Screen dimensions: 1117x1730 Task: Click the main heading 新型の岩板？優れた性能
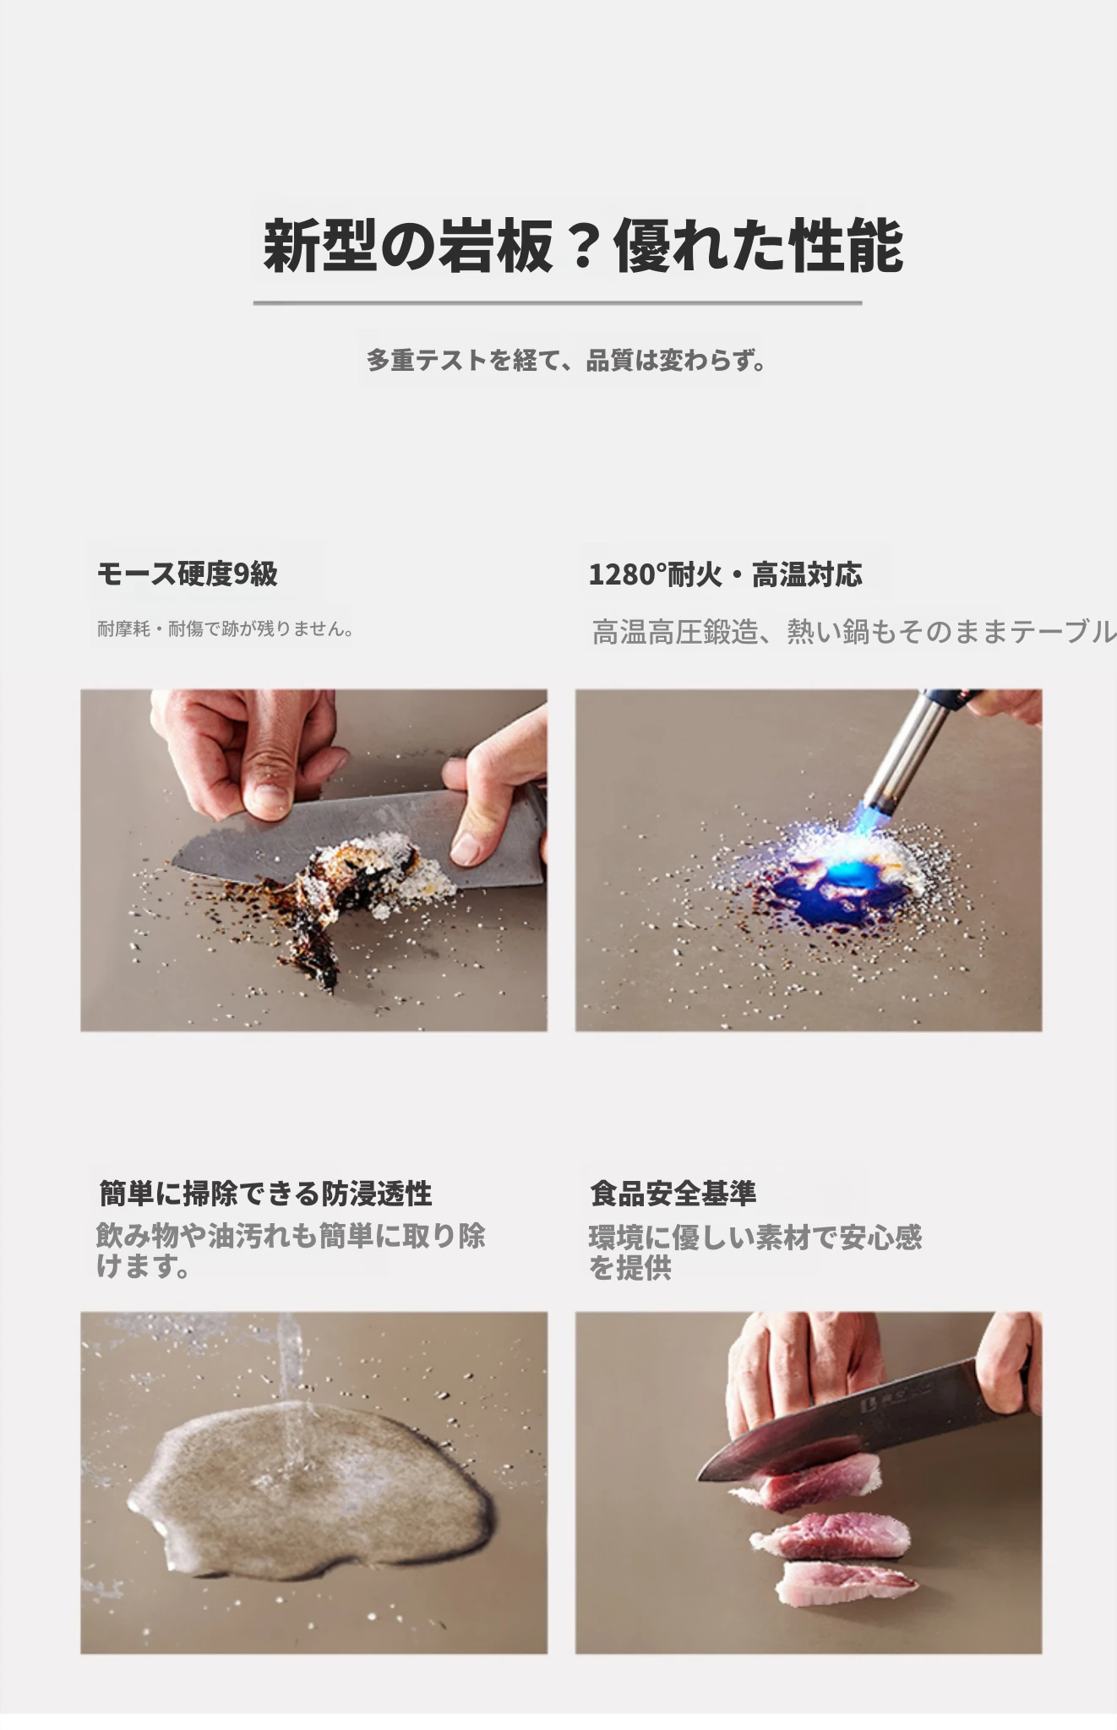tap(583, 246)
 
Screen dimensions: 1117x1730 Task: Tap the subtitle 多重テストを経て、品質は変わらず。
tap(566, 361)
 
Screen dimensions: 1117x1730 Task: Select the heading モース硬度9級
tap(188, 574)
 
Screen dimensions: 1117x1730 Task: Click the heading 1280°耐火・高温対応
tap(725, 574)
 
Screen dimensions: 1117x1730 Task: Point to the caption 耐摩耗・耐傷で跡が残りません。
tap(225, 628)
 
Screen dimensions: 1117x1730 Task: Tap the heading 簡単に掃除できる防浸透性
tap(265, 1194)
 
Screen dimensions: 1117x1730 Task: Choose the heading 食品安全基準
tap(673, 1193)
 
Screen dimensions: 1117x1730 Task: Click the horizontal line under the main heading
tap(558, 302)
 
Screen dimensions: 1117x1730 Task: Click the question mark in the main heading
tap(583, 246)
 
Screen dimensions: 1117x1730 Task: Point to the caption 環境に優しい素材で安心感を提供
tap(755, 1252)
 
